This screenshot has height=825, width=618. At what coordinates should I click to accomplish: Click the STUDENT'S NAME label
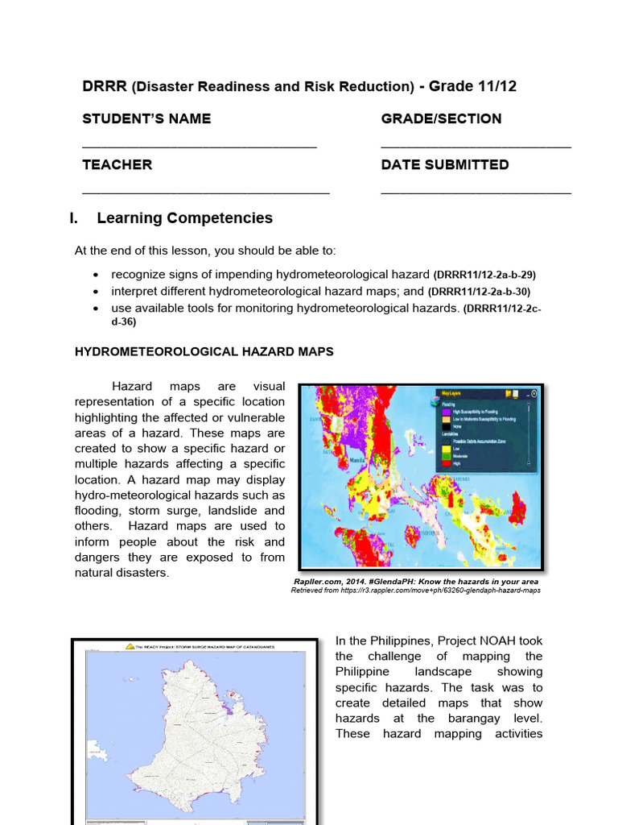(146, 119)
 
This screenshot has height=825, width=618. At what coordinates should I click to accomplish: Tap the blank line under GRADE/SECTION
(476, 147)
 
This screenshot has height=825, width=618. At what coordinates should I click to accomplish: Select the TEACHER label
(117, 164)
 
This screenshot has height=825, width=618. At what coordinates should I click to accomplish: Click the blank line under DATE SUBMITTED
(476, 193)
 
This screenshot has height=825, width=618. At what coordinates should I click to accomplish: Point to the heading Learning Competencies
(184, 218)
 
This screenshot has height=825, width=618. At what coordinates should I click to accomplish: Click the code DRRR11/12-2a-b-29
(484, 275)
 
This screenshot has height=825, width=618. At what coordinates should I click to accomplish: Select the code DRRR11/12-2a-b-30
(479, 292)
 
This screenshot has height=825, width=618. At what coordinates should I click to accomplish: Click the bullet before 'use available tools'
(97, 309)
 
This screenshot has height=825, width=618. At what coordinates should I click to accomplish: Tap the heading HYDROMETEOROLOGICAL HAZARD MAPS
(204, 352)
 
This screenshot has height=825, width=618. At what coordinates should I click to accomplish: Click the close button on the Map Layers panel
(533, 394)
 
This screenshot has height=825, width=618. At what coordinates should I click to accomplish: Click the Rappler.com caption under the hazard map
(415, 581)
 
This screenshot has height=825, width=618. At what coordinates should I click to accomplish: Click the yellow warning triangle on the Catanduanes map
(128, 646)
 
